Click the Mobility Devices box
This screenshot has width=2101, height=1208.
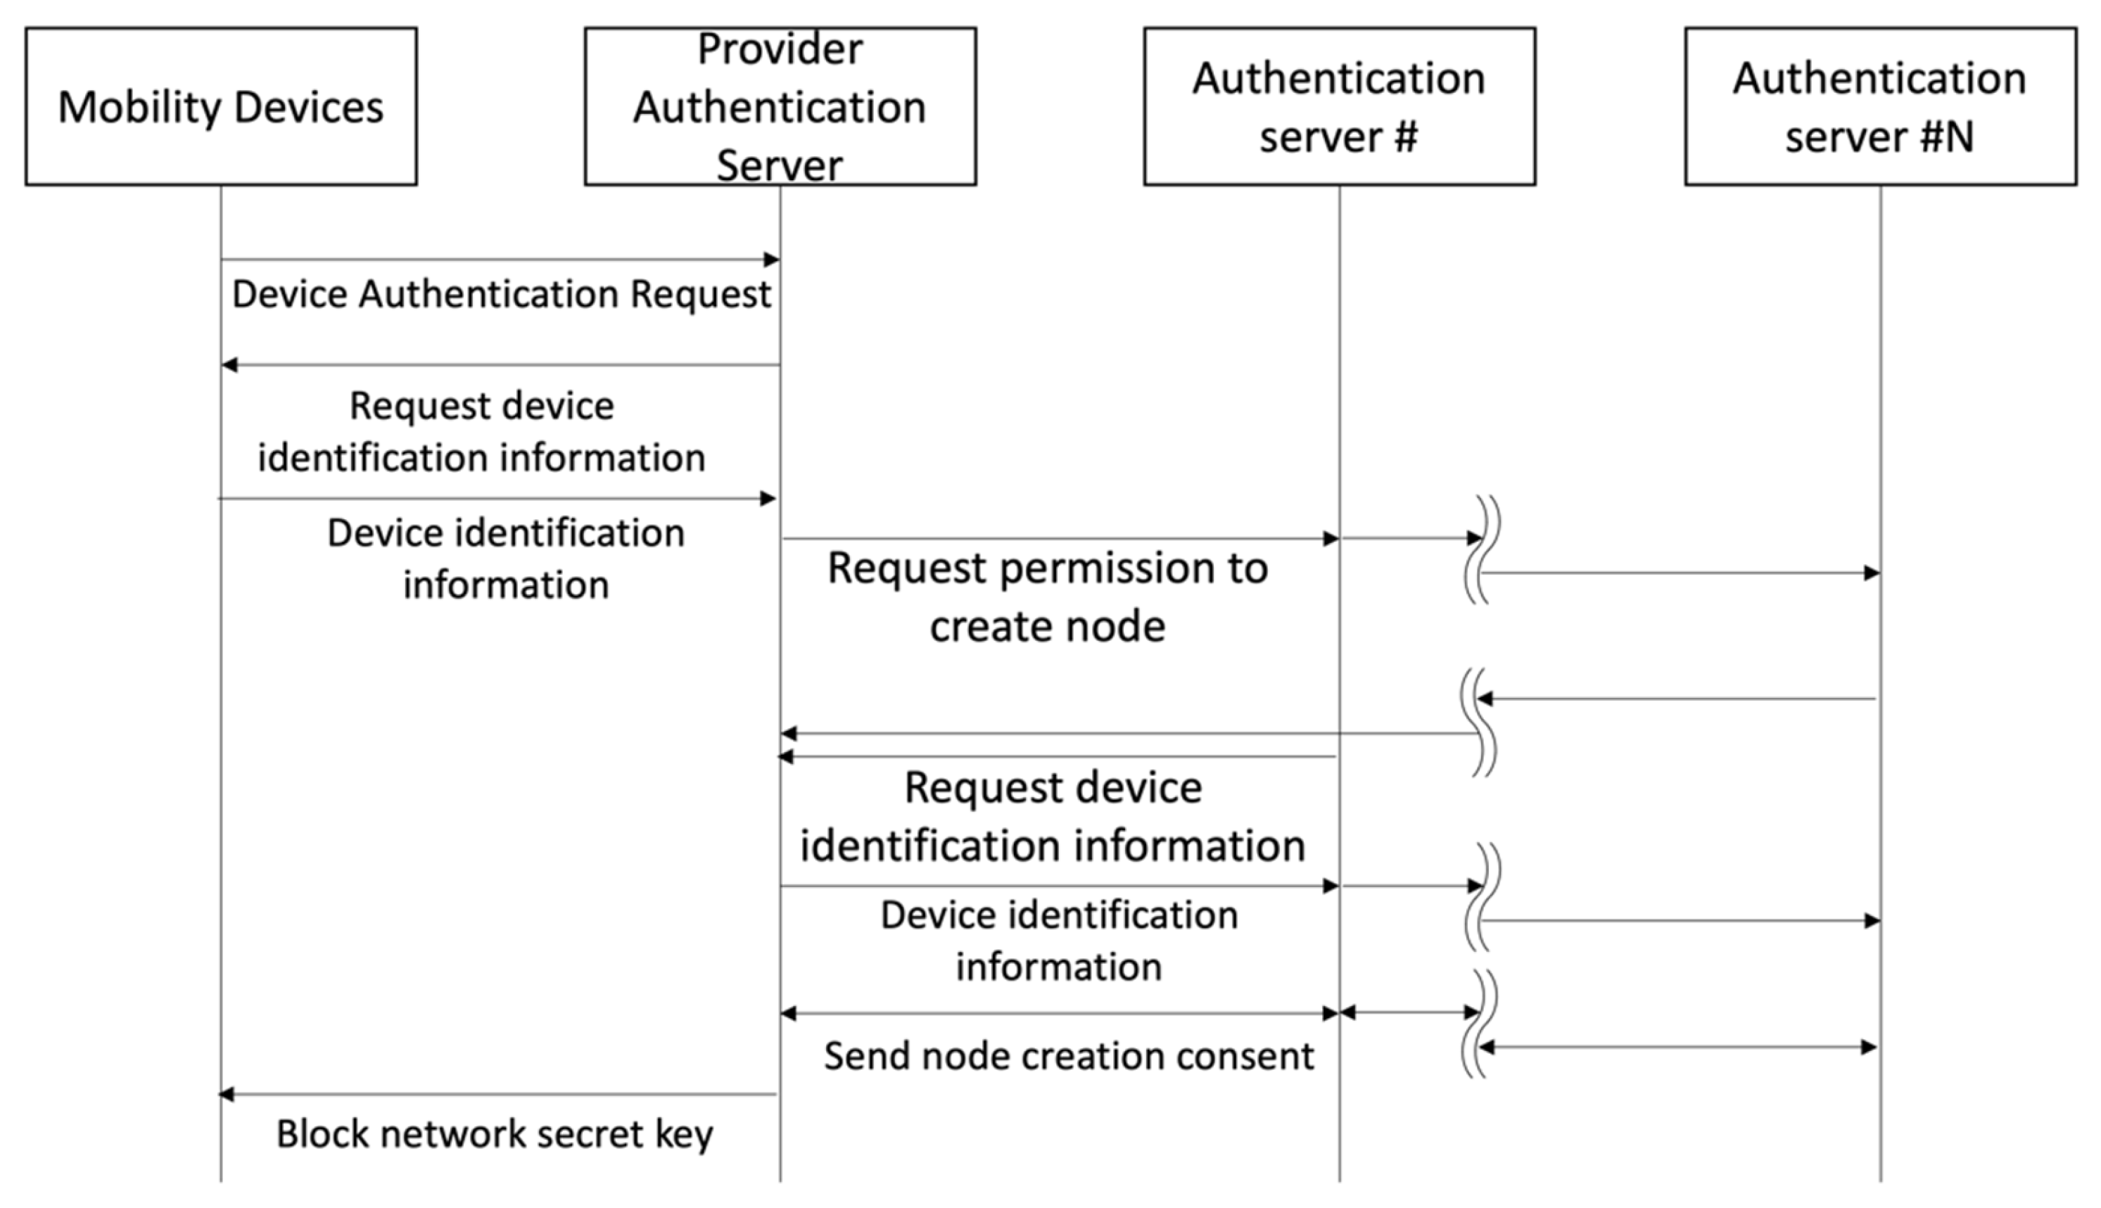click(x=221, y=106)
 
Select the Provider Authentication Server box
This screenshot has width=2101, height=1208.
click(x=780, y=106)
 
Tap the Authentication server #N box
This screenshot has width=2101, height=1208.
click(x=1879, y=106)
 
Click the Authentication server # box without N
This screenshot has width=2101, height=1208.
click(x=1338, y=106)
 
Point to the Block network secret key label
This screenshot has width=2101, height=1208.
click(x=495, y=1134)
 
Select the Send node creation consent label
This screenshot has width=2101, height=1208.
click(x=1069, y=1056)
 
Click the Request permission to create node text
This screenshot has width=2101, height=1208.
click(x=1047, y=597)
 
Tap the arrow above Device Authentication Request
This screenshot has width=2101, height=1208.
click(x=500, y=260)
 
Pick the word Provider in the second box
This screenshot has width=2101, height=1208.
click(x=780, y=49)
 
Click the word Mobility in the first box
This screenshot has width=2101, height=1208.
click(x=132, y=108)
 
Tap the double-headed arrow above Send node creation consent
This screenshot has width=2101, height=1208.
click(x=1060, y=1013)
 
